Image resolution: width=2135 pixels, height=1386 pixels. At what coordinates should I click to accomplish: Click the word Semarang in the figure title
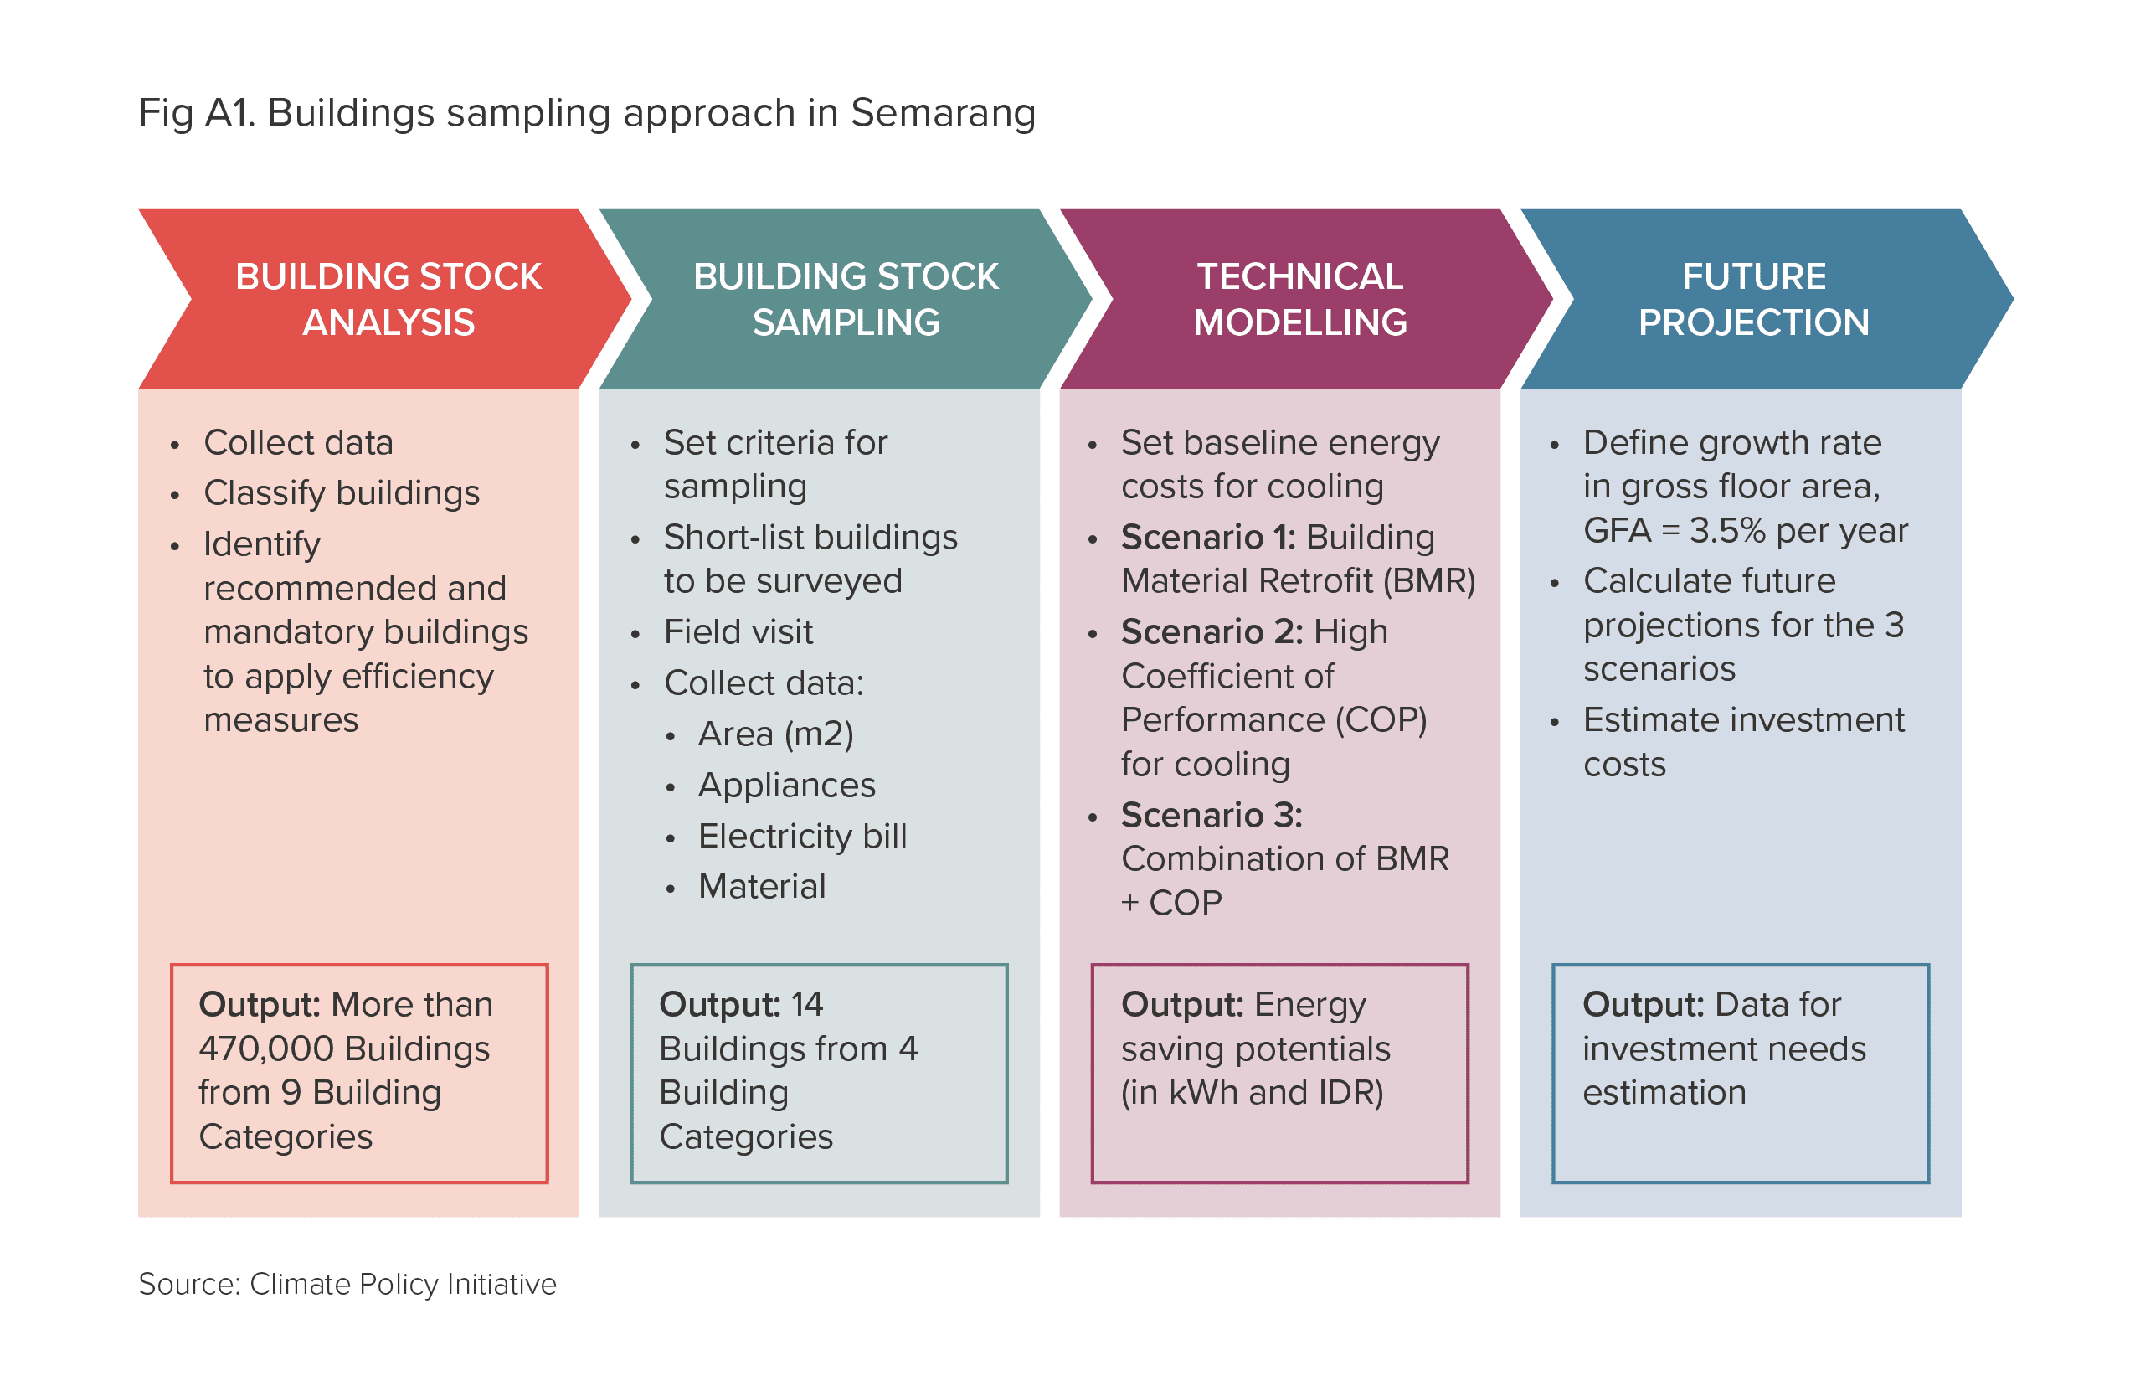pyautogui.click(x=943, y=114)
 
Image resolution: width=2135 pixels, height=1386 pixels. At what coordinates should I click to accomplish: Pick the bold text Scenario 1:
pyautogui.click(x=1208, y=538)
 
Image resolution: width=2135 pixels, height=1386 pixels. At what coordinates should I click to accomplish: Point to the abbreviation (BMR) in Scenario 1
pyautogui.click(x=1429, y=581)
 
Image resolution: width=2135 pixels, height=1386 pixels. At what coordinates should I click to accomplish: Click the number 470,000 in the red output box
pyautogui.click(x=266, y=1049)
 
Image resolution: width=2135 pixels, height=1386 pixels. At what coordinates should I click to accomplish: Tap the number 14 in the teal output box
pyautogui.click(x=806, y=1005)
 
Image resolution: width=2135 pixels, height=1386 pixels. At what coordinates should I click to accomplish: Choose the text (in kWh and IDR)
pyautogui.click(x=1253, y=1094)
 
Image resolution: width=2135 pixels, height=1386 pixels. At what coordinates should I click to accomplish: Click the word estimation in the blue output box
pyautogui.click(x=1664, y=1093)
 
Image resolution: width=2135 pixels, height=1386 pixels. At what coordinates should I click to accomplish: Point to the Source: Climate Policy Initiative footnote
pyautogui.click(x=347, y=1285)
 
